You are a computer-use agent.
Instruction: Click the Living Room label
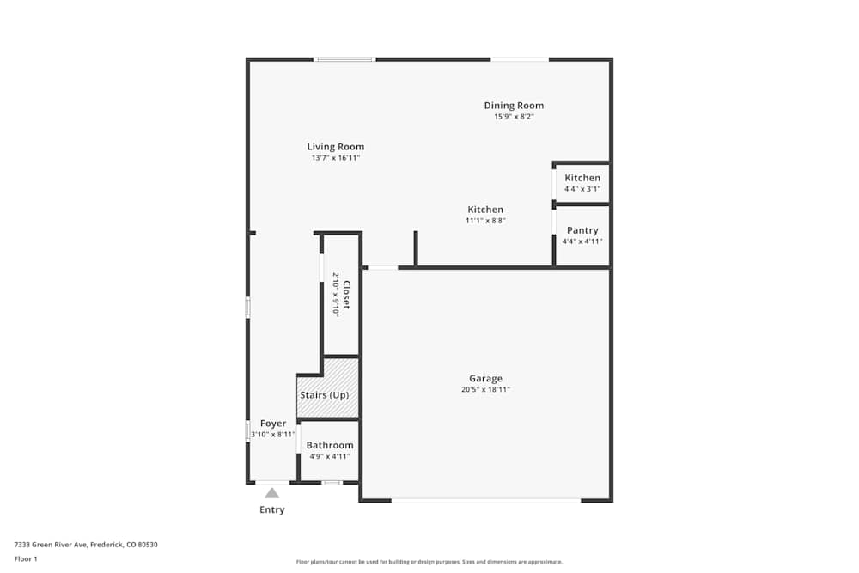coord(335,147)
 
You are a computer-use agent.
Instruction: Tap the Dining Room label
coord(514,106)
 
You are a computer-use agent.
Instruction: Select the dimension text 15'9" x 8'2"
coord(514,117)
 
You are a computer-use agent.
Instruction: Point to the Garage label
coord(485,379)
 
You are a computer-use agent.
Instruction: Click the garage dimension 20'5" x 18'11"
coord(485,390)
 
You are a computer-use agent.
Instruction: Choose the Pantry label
coord(582,230)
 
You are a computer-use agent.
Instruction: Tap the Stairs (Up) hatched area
coord(327,387)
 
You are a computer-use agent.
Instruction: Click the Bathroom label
coord(330,445)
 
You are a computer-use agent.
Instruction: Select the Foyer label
coord(273,424)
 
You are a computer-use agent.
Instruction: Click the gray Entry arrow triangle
coord(271,493)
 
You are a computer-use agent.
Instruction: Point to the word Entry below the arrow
coord(271,509)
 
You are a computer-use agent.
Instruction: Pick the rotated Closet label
coord(346,295)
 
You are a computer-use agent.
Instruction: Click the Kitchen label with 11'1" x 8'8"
coord(485,210)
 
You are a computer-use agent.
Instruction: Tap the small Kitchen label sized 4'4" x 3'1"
coord(582,178)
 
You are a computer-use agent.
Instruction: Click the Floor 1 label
coord(26,558)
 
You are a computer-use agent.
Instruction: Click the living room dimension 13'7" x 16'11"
coord(335,158)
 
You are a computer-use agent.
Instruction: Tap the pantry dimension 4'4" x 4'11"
coord(582,241)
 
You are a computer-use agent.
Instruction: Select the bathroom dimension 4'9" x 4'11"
coord(330,456)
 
